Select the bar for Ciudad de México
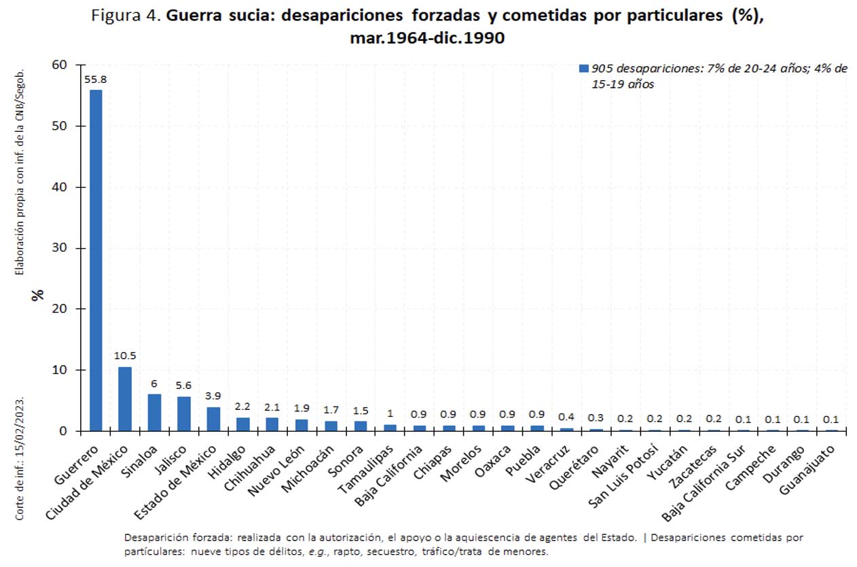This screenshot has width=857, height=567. tap(125, 399)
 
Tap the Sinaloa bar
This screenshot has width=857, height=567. tap(155, 413)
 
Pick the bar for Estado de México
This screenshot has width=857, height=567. tap(213, 419)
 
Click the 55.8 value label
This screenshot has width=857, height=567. tap(95, 79)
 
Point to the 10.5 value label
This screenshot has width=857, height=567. tap(125, 356)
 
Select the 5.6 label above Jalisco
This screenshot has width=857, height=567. tap(184, 385)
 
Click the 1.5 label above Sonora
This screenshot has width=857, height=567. tap(361, 411)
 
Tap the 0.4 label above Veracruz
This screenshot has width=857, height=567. tap(566, 417)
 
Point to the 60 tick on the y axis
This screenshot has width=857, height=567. tap(59, 65)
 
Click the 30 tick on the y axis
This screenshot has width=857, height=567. tap(59, 248)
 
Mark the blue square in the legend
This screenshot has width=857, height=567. tap(582, 69)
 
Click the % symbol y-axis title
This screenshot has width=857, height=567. tap(38, 294)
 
